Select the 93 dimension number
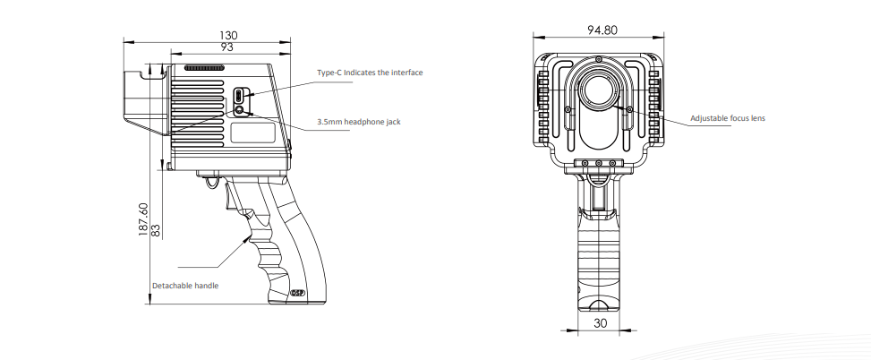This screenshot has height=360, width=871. pyautogui.click(x=226, y=47)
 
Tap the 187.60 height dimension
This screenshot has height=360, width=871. pyautogui.click(x=143, y=219)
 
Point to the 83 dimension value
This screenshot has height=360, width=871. pyautogui.click(x=156, y=230)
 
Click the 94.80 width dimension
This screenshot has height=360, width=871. pyautogui.click(x=602, y=30)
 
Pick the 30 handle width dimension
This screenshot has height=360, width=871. pyautogui.click(x=601, y=322)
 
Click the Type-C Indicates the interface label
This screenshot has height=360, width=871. pyautogui.click(x=370, y=73)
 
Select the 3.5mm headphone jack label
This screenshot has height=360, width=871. pyautogui.click(x=359, y=122)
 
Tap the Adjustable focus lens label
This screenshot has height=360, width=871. pyautogui.click(x=728, y=118)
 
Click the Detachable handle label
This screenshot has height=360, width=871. pyautogui.click(x=185, y=286)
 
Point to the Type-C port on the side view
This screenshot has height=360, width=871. pyautogui.click(x=239, y=95)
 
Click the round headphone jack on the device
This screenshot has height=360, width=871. pyautogui.click(x=240, y=110)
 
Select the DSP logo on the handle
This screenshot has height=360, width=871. pyautogui.click(x=297, y=293)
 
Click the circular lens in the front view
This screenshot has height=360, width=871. pyautogui.click(x=598, y=90)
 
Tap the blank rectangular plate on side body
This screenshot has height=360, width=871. pyautogui.click(x=253, y=133)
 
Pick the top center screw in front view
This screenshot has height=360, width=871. pyautogui.click(x=598, y=59)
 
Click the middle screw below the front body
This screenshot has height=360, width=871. pyautogui.click(x=598, y=163)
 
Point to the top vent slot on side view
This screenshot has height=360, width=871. pyautogui.click(x=204, y=68)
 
